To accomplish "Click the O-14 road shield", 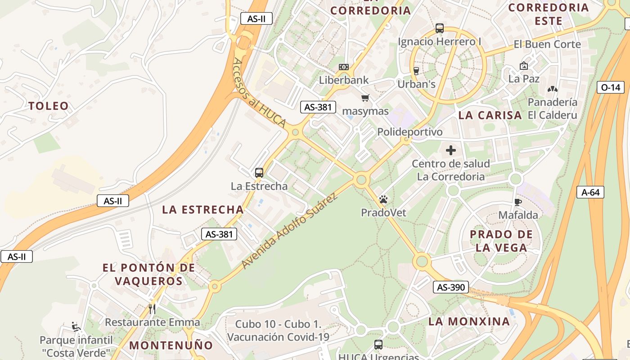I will click(610, 87).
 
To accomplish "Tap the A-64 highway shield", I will click(590, 192).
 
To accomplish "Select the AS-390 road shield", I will click(451, 287).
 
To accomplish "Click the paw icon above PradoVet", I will click(383, 199).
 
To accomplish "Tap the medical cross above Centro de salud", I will click(450, 150).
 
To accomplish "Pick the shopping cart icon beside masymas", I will click(365, 98).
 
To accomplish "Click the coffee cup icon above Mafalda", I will click(517, 202).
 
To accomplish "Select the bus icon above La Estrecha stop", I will click(259, 172).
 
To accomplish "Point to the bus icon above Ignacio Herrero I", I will click(440, 28).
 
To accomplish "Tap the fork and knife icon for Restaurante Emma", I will click(152, 309).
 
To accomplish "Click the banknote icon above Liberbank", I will click(344, 67).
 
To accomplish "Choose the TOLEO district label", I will click(49, 106).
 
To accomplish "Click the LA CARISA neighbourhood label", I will click(490, 115).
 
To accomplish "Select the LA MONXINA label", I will click(469, 321).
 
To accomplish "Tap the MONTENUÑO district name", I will click(171, 346).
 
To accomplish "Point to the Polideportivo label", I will click(410, 132).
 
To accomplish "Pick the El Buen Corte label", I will click(547, 45).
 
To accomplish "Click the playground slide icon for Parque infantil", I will click(76, 326).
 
